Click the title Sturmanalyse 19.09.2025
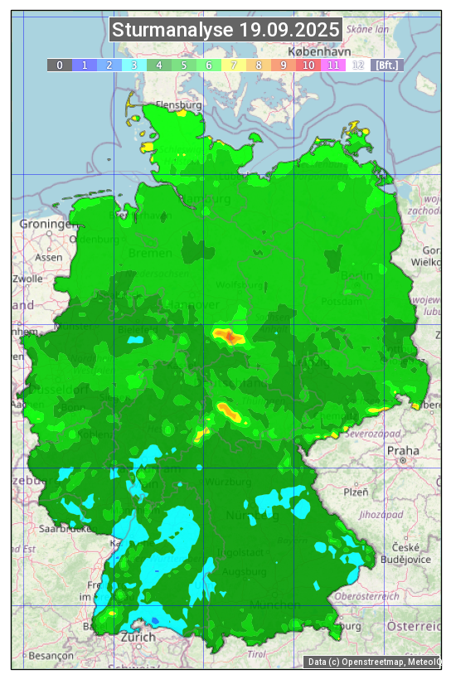tap(225, 31)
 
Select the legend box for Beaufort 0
tap(60, 65)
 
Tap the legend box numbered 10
tap(308, 65)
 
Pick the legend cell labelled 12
tap(358, 65)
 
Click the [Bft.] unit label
tap(386, 65)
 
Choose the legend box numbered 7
tap(234, 65)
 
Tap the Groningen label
tap(46, 225)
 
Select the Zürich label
tap(138, 637)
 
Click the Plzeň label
tap(356, 492)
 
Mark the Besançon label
tap(51, 655)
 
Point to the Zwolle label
tap(27, 279)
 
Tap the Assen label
tap(49, 257)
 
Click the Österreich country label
tap(415, 624)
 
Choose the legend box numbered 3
tap(134, 65)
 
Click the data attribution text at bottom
tap(373, 662)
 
